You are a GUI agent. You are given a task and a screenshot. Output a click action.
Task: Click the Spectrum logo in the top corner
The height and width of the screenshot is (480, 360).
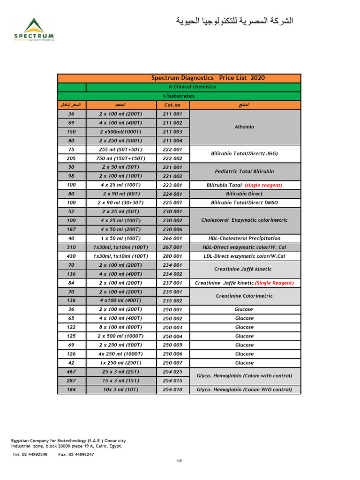click(34, 29)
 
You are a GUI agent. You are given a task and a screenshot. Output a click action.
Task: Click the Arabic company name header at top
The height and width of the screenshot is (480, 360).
click(234, 21)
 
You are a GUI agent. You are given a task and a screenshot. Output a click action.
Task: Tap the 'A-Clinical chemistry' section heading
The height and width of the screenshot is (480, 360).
click(192, 87)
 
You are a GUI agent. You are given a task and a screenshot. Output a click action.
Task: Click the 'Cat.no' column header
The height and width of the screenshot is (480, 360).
click(172, 105)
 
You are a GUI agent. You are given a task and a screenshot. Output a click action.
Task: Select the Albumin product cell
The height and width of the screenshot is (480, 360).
click(244, 127)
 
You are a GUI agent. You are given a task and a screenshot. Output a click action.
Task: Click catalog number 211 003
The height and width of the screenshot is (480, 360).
click(172, 132)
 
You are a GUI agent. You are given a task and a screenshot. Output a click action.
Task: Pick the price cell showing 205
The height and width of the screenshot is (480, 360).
click(71, 158)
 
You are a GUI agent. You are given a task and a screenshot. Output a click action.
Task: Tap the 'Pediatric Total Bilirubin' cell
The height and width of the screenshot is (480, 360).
click(244, 172)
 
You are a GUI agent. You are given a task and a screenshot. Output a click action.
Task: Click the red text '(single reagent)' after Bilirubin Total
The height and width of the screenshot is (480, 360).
click(263, 185)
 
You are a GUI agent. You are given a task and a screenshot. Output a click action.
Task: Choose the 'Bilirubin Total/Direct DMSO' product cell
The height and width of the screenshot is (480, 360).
click(244, 203)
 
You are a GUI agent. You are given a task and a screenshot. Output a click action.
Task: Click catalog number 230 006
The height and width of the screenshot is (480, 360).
click(172, 229)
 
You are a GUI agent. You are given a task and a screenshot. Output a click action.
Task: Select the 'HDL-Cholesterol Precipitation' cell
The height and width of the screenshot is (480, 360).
click(244, 238)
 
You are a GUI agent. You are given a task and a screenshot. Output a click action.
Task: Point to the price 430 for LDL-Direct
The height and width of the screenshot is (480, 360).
click(71, 256)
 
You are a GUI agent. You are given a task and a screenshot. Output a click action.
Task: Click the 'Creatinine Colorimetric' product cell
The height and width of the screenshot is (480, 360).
click(244, 296)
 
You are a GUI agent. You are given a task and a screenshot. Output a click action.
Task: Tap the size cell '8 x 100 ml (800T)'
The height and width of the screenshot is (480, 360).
click(120, 327)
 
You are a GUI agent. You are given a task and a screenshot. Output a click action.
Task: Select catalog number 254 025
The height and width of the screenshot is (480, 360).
click(172, 372)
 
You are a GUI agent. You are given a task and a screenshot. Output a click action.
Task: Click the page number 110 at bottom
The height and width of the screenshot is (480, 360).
click(179, 461)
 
